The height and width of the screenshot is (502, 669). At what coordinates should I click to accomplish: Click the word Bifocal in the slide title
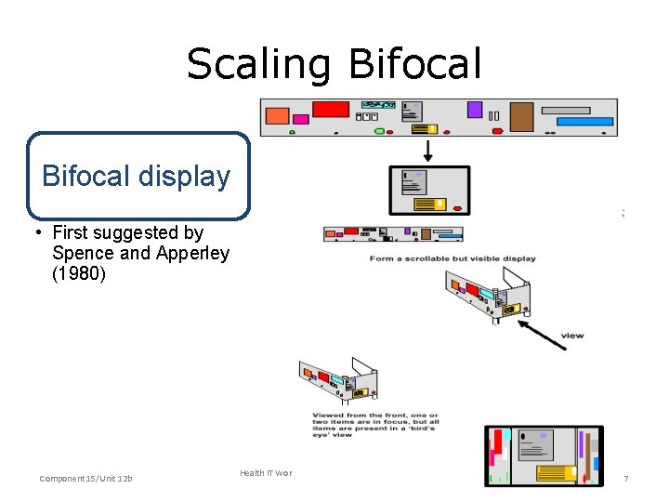[415, 65]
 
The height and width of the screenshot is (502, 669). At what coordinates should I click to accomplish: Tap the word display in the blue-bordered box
[188, 177]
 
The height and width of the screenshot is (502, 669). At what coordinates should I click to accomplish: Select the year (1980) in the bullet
[81, 274]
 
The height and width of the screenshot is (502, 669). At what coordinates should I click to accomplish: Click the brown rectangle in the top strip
[521, 117]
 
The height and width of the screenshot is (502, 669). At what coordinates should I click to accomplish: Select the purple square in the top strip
[474, 110]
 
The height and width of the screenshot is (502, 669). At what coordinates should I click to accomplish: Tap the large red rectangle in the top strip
[330, 110]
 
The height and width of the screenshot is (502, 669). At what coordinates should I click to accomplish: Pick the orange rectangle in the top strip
[277, 116]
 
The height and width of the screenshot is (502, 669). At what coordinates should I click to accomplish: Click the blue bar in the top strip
[584, 122]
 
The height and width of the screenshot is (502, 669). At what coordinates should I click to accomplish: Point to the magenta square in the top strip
[301, 119]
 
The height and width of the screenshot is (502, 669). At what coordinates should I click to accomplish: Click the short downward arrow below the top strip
[428, 150]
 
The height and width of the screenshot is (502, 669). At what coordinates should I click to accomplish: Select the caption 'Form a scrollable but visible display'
[452, 258]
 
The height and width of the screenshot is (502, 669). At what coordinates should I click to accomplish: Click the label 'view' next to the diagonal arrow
[572, 336]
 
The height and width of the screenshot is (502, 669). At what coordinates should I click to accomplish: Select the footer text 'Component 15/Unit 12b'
[85, 479]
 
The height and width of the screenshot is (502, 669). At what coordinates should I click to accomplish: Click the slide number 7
[625, 479]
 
